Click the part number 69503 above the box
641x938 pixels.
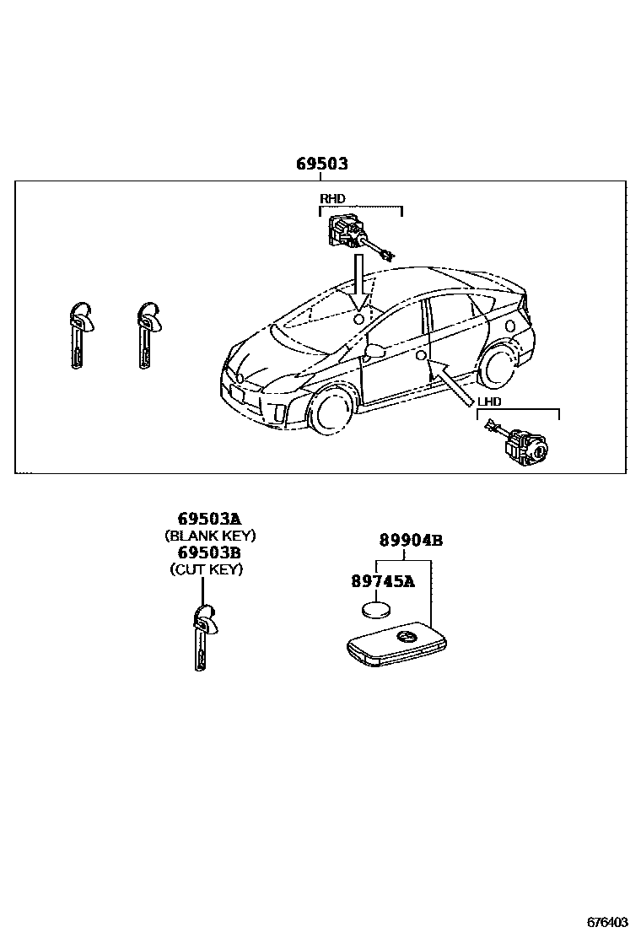pyautogui.click(x=321, y=164)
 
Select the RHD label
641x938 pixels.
pyautogui.click(x=332, y=199)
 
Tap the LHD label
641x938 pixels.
pyautogui.click(x=489, y=402)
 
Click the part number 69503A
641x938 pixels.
pyautogui.click(x=208, y=519)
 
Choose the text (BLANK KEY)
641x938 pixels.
pyautogui.click(x=209, y=536)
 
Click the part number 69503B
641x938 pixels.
pyautogui.click(x=208, y=553)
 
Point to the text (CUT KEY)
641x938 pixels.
pyautogui.click(x=207, y=569)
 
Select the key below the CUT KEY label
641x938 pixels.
pyautogui.click(x=203, y=637)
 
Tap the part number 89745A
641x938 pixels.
pyautogui.click(x=383, y=581)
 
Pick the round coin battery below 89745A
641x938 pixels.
pyautogui.click(x=374, y=611)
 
